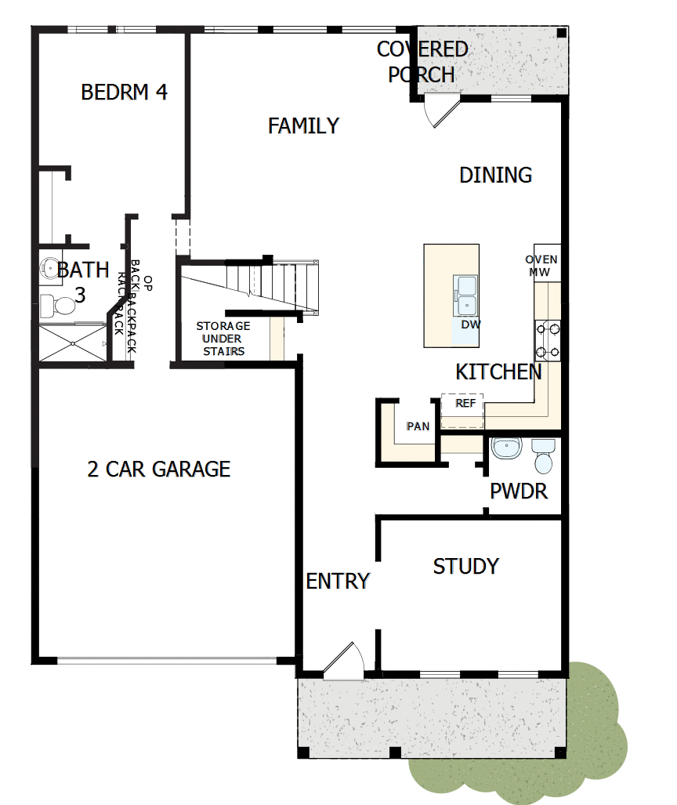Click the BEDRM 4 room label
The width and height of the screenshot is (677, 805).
(x=124, y=92)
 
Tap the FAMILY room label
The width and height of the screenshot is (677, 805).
(x=303, y=125)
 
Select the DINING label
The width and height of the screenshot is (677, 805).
(x=495, y=175)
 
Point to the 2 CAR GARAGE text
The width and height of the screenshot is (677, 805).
(x=159, y=470)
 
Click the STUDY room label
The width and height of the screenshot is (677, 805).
(x=465, y=566)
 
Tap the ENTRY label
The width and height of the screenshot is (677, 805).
(x=337, y=582)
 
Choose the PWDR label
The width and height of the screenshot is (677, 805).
(x=518, y=492)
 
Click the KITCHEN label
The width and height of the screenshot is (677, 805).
(x=498, y=372)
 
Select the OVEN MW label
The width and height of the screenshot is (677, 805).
(x=541, y=266)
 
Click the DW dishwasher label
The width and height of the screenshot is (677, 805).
(x=470, y=324)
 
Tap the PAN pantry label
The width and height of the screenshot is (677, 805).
(x=418, y=426)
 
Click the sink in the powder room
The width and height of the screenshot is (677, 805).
(x=506, y=449)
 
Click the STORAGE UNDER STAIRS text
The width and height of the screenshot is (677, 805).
(x=223, y=338)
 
